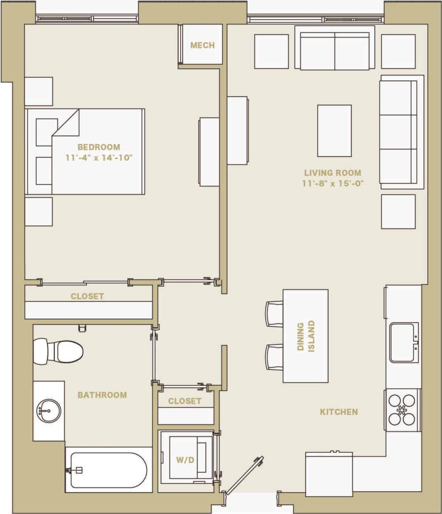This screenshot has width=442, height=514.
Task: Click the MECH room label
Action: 202,45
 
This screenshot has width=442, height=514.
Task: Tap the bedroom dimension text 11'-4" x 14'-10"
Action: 99,158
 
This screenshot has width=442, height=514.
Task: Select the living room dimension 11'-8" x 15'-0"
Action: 332,183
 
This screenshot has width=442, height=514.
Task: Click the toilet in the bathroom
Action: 58,351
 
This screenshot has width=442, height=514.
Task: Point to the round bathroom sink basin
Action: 48,410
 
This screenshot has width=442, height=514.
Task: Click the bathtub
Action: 108,470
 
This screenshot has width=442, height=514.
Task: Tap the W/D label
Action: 185,460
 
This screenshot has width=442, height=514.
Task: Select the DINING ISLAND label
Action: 306,336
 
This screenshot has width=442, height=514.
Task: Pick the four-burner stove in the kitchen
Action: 402,410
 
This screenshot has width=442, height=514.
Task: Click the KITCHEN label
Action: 339,412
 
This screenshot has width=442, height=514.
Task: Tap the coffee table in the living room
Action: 334,130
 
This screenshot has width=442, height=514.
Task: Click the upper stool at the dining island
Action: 275,314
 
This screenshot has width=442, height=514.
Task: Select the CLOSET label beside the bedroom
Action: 87,296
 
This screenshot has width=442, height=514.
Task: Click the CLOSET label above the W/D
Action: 185,401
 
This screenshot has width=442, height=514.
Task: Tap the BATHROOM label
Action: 102,395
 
